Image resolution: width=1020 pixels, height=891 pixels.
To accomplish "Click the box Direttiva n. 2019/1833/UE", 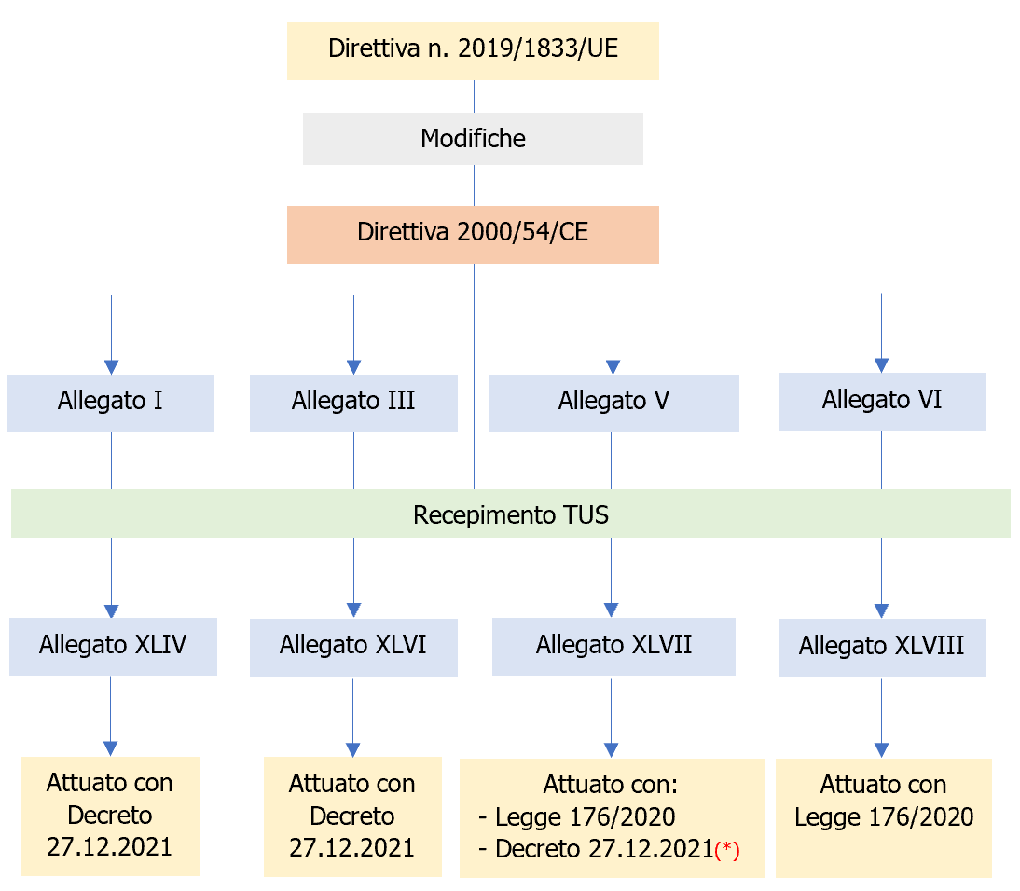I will pyautogui.click(x=473, y=50).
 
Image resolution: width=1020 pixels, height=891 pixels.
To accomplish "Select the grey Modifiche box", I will pyautogui.click(x=473, y=139).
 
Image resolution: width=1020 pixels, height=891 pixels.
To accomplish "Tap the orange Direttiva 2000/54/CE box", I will pyautogui.click(x=473, y=233).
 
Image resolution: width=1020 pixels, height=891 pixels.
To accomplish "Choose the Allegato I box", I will pyautogui.click(x=110, y=402).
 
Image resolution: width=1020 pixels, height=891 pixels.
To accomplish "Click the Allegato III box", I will pyautogui.click(x=353, y=402).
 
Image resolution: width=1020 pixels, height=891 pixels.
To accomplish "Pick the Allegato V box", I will pyautogui.click(x=613, y=402).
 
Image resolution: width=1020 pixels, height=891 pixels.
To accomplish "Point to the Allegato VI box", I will pyautogui.click(x=881, y=401).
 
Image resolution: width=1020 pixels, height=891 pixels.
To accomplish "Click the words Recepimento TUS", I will pyautogui.click(x=511, y=514).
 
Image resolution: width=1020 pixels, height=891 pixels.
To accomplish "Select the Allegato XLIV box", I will pyautogui.click(x=113, y=645).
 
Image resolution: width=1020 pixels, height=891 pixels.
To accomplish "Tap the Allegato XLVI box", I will pyautogui.click(x=353, y=646).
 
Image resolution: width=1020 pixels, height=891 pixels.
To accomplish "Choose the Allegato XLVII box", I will pyautogui.click(x=613, y=645).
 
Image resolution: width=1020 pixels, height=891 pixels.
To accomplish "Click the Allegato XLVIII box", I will pyautogui.click(x=881, y=647).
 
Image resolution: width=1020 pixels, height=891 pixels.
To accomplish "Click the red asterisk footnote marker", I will pyautogui.click(x=727, y=852).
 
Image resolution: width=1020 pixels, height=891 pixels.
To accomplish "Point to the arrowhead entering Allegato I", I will pyautogui.click(x=111, y=366).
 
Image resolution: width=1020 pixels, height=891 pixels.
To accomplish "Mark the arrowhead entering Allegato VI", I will pyautogui.click(x=881, y=364).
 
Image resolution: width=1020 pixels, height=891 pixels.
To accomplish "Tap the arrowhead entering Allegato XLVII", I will pyautogui.click(x=612, y=610).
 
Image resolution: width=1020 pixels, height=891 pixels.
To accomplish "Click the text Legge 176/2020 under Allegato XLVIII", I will pyautogui.click(x=884, y=817).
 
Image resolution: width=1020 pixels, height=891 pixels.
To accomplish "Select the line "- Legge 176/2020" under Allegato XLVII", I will pyautogui.click(x=576, y=817).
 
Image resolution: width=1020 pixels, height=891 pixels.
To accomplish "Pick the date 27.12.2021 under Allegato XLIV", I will pyautogui.click(x=110, y=847).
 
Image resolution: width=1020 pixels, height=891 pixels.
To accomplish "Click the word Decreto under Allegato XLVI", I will pyautogui.click(x=352, y=816).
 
